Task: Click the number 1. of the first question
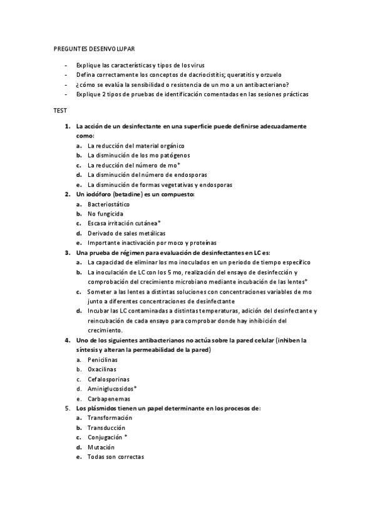coord(67,126)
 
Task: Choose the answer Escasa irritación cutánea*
coord(124,223)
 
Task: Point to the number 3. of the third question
coord(67,252)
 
